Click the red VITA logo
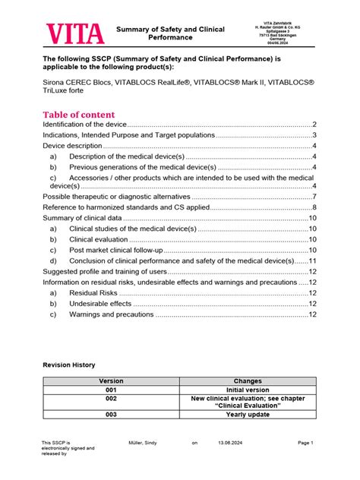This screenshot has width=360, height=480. pyautogui.click(x=74, y=33)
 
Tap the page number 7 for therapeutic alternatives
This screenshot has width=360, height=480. pyautogui.click(x=314, y=197)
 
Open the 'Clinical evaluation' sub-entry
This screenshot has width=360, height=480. pyautogui.click(x=103, y=239)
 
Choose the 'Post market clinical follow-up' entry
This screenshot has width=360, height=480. pyautogui.click(x=115, y=250)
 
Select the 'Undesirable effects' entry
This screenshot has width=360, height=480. pyautogui.click(x=100, y=303)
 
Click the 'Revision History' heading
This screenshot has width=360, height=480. pyautogui.click(x=68, y=365)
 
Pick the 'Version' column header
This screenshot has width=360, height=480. pyautogui.click(x=111, y=381)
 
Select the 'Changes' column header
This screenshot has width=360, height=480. pyautogui.click(x=248, y=381)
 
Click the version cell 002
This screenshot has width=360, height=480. pyautogui.click(x=111, y=398)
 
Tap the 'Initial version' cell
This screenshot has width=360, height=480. pyautogui.click(x=248, y=390)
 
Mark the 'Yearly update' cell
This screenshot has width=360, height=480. pyautogui.click(x=248, y=415)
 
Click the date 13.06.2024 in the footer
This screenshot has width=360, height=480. pyautogui.click(x=230, y=442)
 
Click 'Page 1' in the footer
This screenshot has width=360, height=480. pyautogui.click(x=306, y=442)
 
